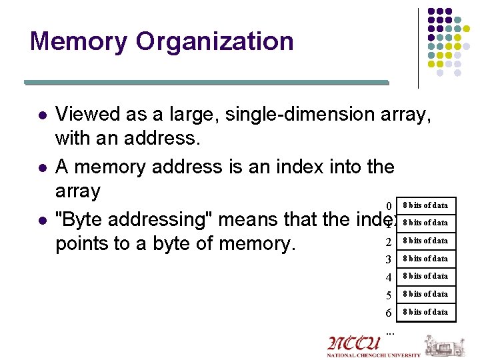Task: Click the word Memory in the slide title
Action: (79, 41)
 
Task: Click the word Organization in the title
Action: (214, 41)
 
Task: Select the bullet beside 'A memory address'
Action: (42, 167)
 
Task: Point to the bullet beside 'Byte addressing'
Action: (42, 220)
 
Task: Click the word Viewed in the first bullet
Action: (87, 115)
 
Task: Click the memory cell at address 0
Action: (426, 205)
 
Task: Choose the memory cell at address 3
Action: (426, 258)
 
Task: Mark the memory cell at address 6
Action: (426, 311)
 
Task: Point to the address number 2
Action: (388, 241)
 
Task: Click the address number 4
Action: (388, 277)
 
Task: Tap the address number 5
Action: (388, 295)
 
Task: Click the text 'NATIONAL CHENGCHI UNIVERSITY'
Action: (373, 355)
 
